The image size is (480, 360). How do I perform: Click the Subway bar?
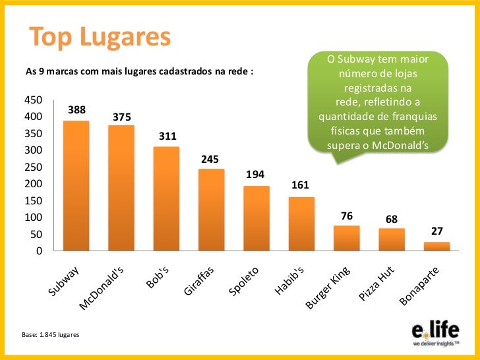coord(76,186)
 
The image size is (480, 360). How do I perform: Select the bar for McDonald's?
coord(121,188)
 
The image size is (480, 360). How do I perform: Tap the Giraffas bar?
coord(211,210)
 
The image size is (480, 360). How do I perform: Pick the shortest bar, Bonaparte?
coord(436,247)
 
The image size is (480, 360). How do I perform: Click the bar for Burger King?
coord(346,238)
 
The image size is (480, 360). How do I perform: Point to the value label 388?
coord(76,109)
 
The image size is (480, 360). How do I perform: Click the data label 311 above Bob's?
coord(167,136)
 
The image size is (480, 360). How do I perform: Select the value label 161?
coord(301,186)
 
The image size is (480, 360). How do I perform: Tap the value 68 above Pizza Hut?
coord(392,218)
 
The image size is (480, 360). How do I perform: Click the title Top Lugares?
coord(99,38)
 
